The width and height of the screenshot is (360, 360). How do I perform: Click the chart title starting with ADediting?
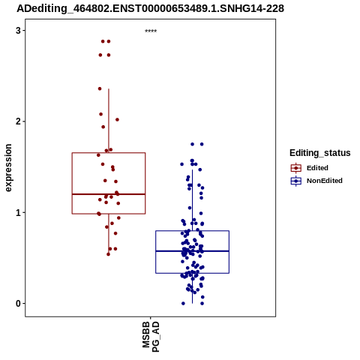click(x=150, y=8)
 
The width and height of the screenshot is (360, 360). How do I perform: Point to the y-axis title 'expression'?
click(x=8, y=168)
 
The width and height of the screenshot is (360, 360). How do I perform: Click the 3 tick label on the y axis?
click(x=18, y=31)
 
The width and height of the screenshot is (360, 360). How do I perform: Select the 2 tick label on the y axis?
click(x=18, y=121)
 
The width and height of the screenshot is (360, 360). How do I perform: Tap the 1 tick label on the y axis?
click(x=18, y=212)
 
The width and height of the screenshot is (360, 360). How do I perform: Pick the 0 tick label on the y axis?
click(x=18, y=304)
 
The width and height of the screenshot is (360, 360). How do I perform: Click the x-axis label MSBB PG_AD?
click(x=151, y=337)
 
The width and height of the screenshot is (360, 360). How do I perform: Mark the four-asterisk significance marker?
click(x=151, y=31)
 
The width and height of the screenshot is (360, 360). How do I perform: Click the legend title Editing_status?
click(x=320, y=153)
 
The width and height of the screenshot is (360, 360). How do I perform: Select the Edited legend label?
click(x=317, y=168)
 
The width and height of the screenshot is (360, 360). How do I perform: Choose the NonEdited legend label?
click(x=325, y=181)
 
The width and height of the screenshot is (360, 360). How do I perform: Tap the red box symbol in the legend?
click(x=296, y=168)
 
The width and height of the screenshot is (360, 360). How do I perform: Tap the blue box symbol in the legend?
click(x=296, y=181)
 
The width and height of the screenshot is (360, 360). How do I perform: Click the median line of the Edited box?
click(x=109, y=194)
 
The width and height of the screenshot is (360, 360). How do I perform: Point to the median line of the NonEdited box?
click(x=192, y=251)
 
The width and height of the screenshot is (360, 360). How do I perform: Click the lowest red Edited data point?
click(x=108, y=254)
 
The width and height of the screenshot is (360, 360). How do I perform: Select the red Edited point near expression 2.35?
click(x=100, y=88)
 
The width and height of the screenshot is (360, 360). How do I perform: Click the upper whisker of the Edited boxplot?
click(x=109, y=121)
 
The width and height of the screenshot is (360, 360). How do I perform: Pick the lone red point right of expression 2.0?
click(x=117, y=120)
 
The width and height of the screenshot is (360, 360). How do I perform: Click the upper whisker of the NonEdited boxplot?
click(x=192, y=200)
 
